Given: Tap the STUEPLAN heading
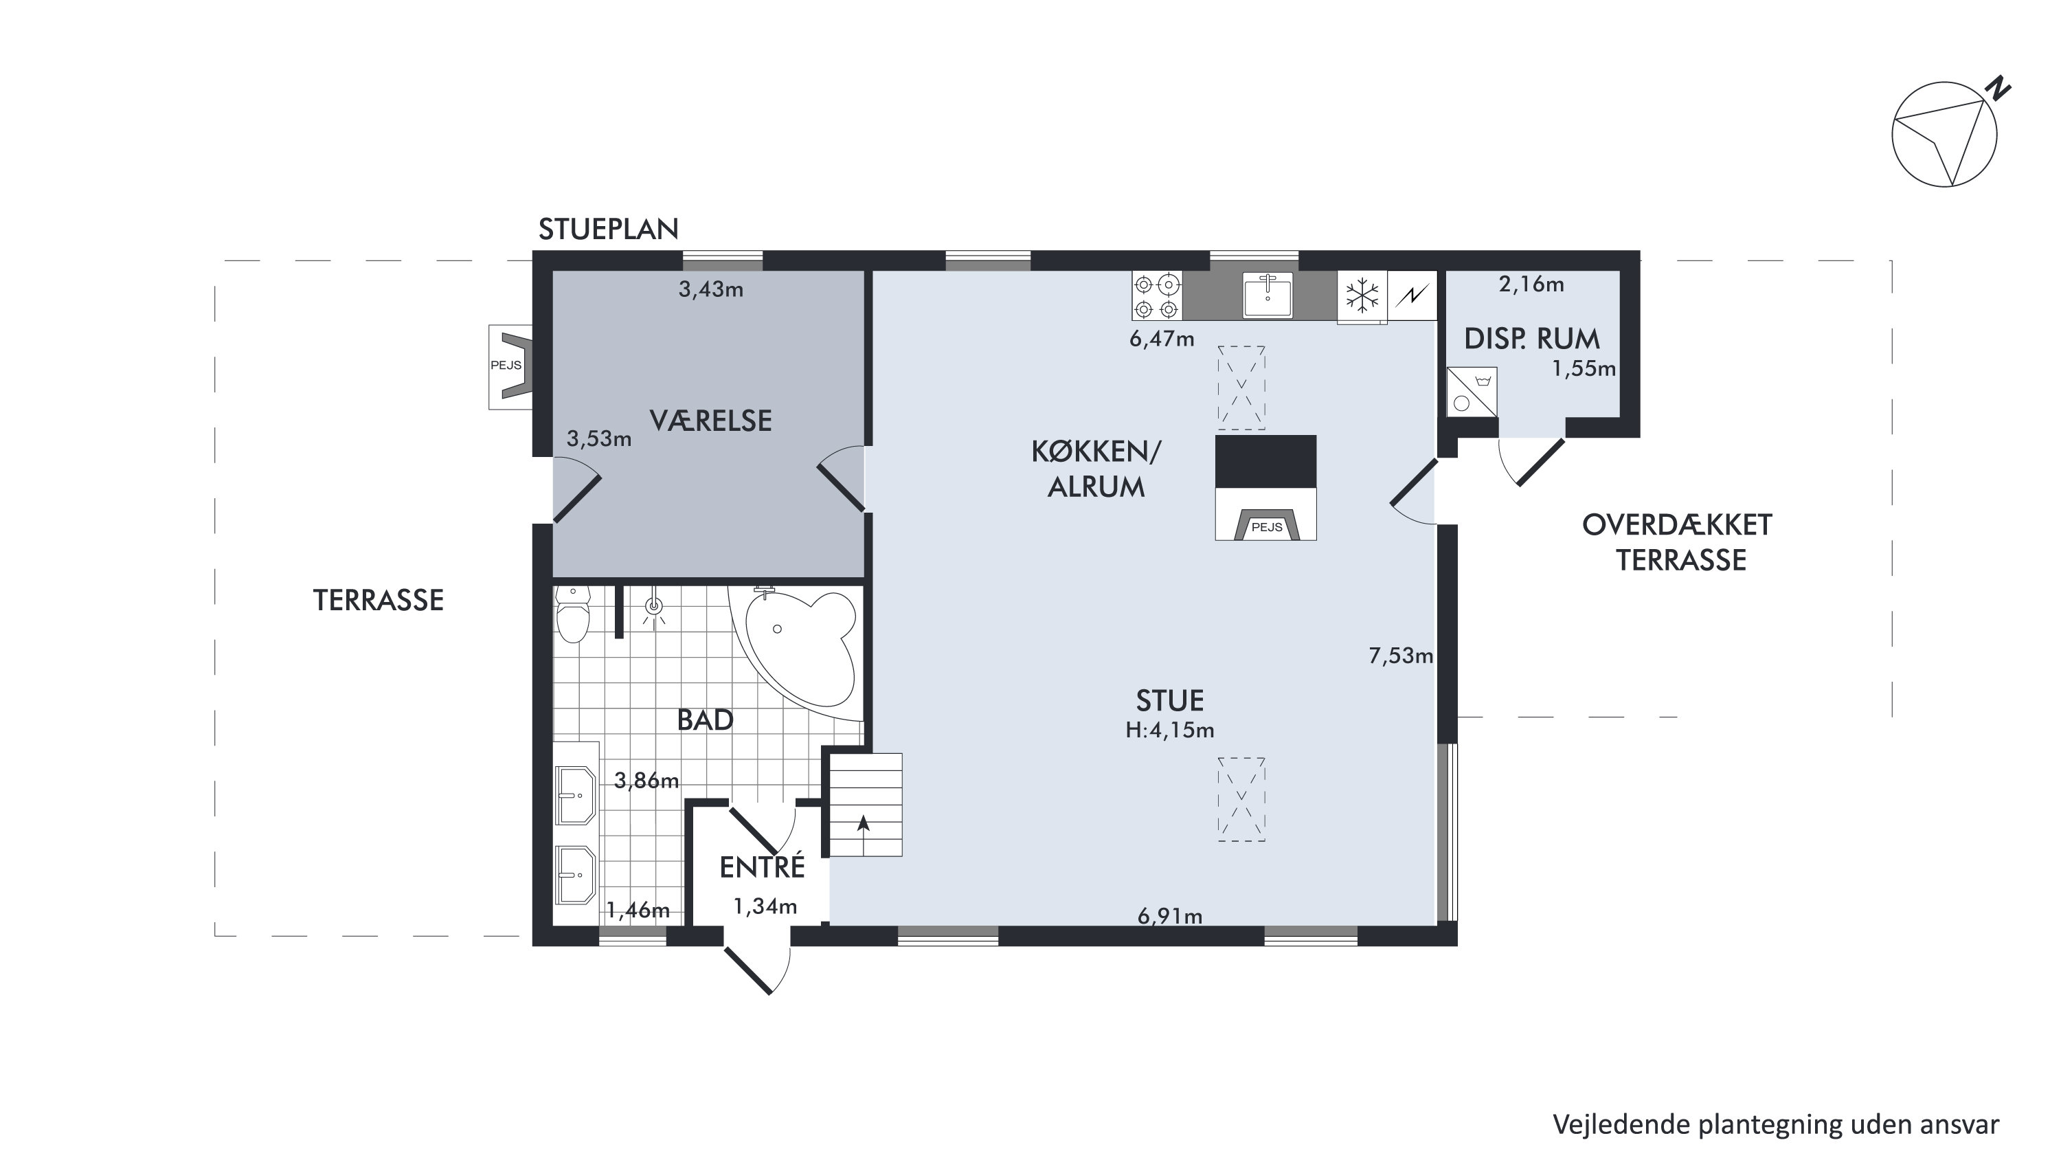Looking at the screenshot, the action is pyautogui.click(x=608, y=230).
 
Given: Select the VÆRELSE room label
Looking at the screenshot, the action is pyautogui.click(x=710, y=421).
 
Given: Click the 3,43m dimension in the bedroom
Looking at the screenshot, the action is pyautogui.click(x=710, y=290).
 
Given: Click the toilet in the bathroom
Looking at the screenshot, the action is pyautogui.click(x=573, y=613).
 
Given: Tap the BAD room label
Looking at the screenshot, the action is pyautogui.click(x=705, y=720).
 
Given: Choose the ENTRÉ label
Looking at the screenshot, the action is pyautogui.click(x=762, y=868).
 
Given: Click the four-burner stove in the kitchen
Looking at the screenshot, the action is pyautogui.click(x=1157, y=295).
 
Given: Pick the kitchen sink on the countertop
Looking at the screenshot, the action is pyautogui.click(x=1268, y=295).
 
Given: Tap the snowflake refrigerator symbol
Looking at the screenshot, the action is pyautogui.click(x=1362, y=295).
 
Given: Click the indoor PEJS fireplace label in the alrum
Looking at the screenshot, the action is pyautogui.click(x=1267, y=527).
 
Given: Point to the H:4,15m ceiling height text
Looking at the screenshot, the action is pyautogui.click(x=1170, y=730).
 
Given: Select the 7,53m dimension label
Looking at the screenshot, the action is pyautogui.click(x=1401, y=656).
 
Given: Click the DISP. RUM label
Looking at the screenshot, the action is pyautogui.click(x=1531, y=339).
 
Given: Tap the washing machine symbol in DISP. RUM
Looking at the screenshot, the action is pyautogui.click(x=1472, y=392).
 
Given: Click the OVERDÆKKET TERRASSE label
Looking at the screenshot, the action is pyautogui.click(x=1678, y=543).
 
